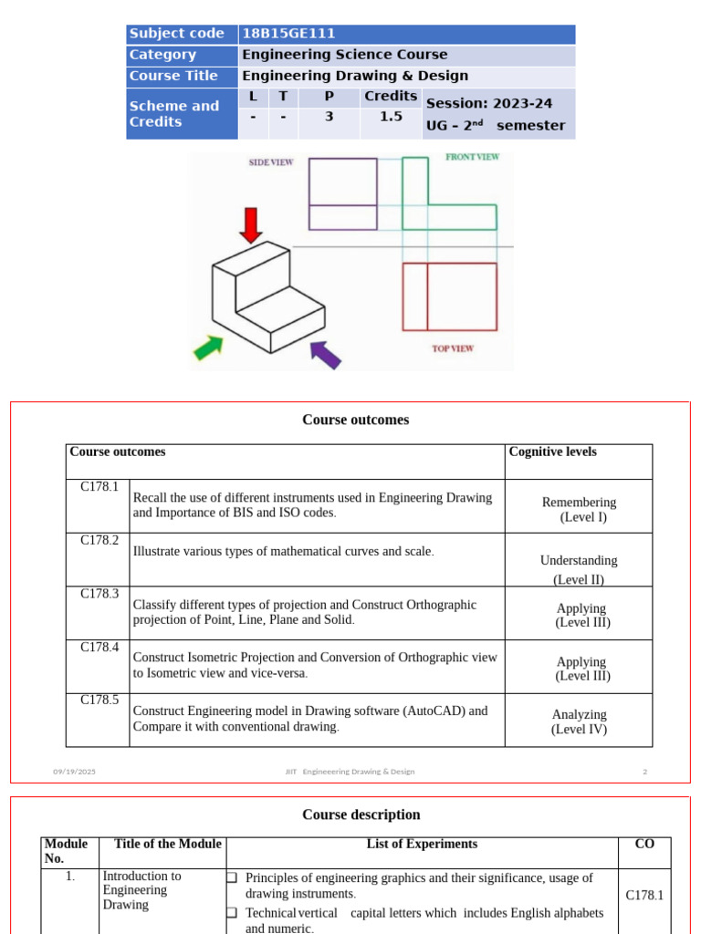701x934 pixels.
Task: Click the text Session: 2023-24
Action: tap(489, 103)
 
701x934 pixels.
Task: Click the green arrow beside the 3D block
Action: tap(208, 348)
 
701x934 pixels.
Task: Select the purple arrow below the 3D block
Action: tap(325, 354)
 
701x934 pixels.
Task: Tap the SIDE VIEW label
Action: tap(271, 162)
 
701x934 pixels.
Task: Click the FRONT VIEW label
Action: tap(472, 157)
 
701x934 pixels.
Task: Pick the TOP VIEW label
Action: tap(453, 348)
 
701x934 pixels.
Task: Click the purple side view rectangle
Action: tap(342, 193)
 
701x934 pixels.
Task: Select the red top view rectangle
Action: tap(450, 296)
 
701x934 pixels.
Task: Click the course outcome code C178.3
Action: tap(99, 594)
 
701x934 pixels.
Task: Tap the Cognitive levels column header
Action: tap(552, 451)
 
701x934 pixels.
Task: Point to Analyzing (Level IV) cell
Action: tap(579, 721)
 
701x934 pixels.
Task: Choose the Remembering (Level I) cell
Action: tap(579, 509)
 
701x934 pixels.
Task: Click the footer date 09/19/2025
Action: tap(74, 772)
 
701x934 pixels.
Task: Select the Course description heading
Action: tap(361, 815)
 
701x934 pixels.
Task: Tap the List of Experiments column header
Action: tap(422, 844)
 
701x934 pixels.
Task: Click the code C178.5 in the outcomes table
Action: tap(99, 700)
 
